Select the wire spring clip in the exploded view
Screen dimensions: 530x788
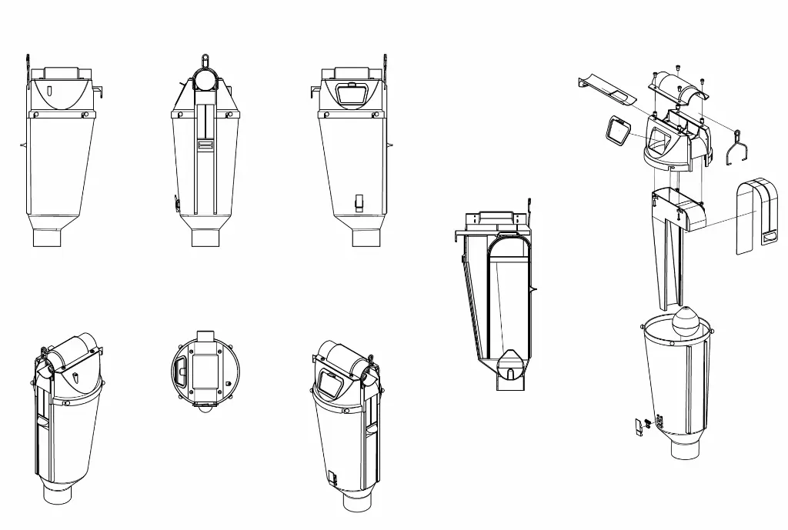click(737, 148)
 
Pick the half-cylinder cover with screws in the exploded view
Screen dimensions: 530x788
click(677, 87)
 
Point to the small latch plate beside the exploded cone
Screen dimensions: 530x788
click(638, 425)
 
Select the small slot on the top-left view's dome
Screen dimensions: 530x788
click(49, 90)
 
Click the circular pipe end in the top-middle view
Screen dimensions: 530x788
click(205, 78)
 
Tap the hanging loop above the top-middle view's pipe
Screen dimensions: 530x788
click(205, 59)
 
